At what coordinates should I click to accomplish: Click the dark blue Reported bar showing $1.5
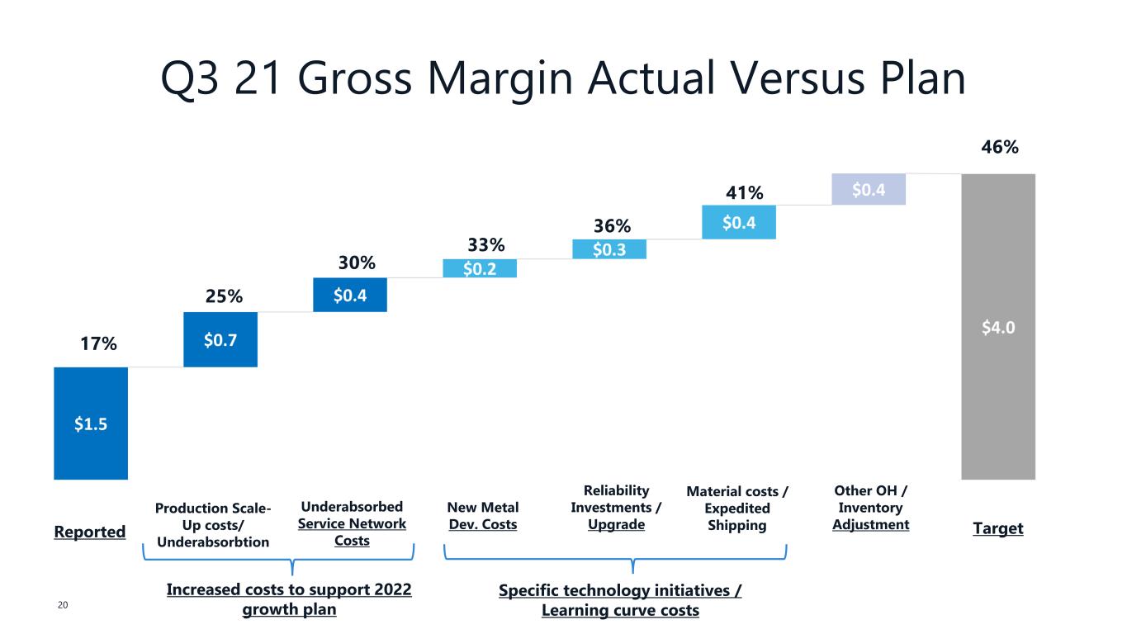(91, 423)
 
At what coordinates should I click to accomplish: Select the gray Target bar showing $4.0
(998, 327)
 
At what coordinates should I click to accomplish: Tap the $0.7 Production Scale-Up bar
(220, 339)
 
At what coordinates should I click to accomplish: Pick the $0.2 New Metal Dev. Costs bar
(480, 268)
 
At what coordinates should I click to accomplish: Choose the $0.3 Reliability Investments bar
(609, 249)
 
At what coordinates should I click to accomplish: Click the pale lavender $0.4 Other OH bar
(869, 189)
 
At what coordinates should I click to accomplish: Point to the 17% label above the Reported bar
(98, 343)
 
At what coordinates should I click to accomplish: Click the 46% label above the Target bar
(1000, 147)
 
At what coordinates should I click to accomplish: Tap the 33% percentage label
(486, 245)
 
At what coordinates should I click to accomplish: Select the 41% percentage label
(745, 192)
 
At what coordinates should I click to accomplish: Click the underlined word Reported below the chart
(89, 532)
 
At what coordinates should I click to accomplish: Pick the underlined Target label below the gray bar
(998, 528)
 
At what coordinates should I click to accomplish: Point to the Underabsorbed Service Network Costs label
(352, 523)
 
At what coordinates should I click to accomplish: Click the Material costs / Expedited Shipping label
(737, 509)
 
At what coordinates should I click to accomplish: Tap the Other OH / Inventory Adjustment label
(870, 507)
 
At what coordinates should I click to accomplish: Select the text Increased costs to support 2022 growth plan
(289, 599)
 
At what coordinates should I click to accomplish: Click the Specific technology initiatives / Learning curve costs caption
(620, 600)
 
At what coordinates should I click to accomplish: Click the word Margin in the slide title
(500, 79)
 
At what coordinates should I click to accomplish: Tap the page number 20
(63, 605)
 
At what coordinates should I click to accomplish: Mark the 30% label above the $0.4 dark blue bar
(357, 263)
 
